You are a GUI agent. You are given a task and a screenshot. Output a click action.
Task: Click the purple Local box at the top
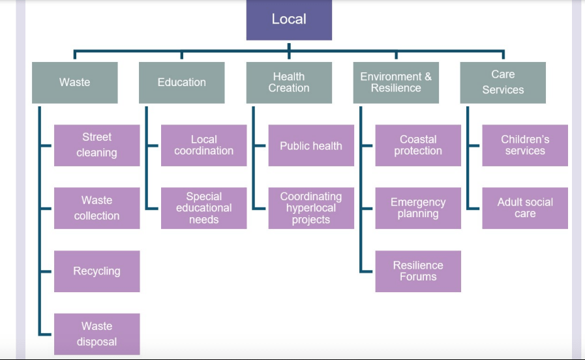[x=289, y=20]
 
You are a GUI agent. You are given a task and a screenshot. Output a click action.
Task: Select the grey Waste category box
[x=75, y=82]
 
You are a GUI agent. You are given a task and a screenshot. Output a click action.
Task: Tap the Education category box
[x=181, y=82]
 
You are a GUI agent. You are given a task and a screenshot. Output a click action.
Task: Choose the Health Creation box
[x=289, y=82]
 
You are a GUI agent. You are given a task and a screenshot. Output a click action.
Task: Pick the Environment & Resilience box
[x=396, y=82]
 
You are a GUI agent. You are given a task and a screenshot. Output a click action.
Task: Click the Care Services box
[x=503, y=82]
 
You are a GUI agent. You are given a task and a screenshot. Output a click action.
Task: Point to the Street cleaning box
[x=97, y=145]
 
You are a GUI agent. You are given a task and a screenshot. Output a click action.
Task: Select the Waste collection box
[x=97, y=208]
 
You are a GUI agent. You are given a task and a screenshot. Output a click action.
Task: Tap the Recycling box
[x=97, y=271]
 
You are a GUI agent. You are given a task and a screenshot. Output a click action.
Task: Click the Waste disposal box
[x=97, y=334]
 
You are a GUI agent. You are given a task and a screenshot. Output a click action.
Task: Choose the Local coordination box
[x=203, y=145]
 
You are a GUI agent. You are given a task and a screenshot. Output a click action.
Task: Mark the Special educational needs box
[x=203, y=208]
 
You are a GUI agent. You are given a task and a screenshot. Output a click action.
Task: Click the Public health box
[x=311, y=145]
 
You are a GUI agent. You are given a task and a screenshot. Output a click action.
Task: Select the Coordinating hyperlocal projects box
[x=311, y=208]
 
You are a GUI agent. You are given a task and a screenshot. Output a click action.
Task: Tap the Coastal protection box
[x=418, y=145]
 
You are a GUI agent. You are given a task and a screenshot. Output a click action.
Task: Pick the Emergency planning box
[x=418, y=208]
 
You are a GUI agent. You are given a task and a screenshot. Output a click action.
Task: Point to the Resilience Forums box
[x=418, y=271]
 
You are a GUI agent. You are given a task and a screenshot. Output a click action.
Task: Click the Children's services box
[x=525, y=145]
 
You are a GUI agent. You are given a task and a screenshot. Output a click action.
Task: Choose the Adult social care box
[x=525, y=208]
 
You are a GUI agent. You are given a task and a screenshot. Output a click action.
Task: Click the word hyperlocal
[x=311, y=208]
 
